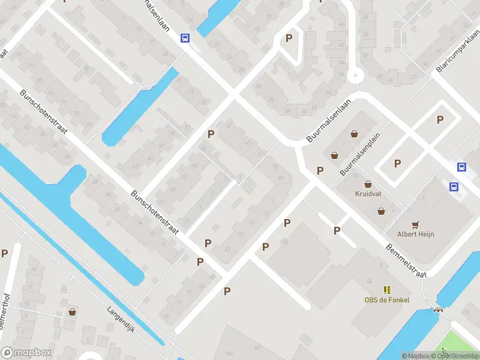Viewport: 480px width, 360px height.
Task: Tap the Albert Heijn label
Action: point(416,234)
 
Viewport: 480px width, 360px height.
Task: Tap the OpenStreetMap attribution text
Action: point(455,356)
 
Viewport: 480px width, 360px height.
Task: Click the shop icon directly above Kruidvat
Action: point(367,185)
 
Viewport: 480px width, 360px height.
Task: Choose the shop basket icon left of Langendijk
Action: point(73,312)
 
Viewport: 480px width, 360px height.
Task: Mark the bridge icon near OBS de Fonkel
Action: point(439,310)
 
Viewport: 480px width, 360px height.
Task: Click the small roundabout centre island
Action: point(356,76)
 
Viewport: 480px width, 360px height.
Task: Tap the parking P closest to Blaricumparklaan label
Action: point(440,119)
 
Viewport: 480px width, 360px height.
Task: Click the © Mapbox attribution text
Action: point(415,356)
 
